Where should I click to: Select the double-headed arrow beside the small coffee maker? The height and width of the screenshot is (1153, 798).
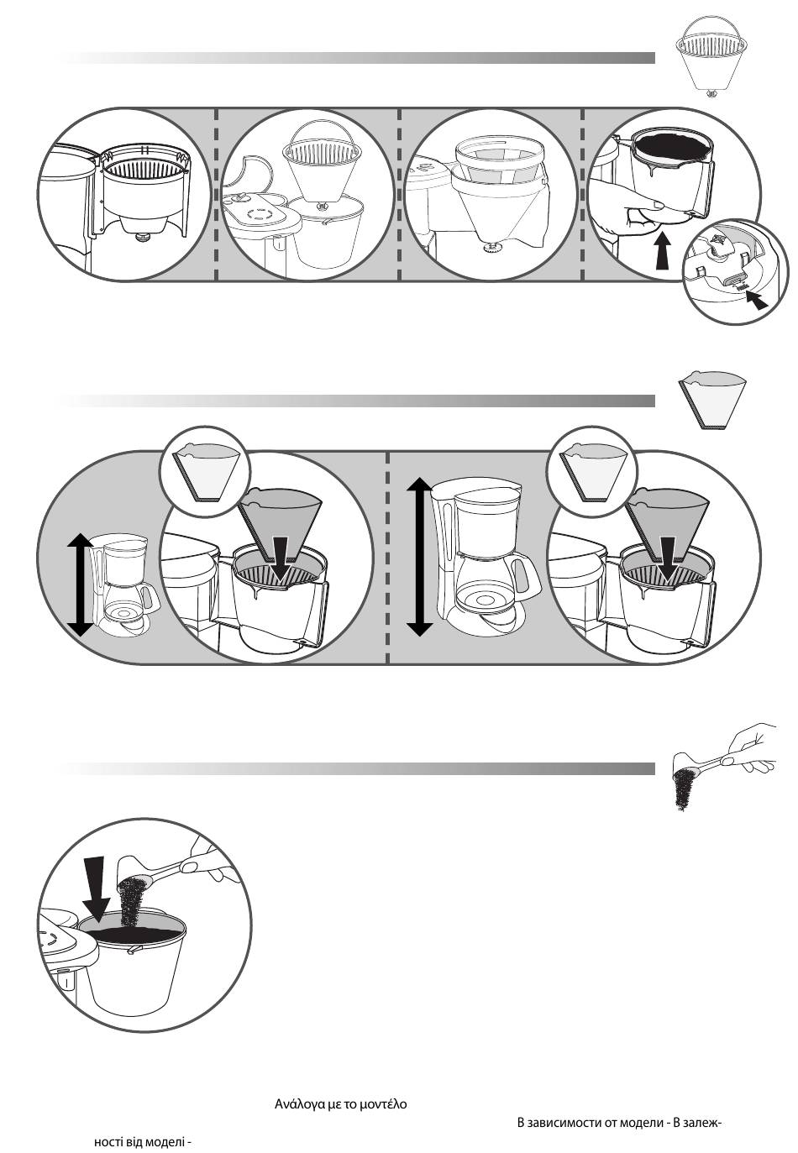[x=81, y=584]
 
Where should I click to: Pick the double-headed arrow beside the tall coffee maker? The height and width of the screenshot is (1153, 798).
[x=420, y=557]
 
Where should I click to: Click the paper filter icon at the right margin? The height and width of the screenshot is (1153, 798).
[x=712, y=400]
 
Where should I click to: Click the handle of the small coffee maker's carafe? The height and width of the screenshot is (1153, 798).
[x=150, y=596]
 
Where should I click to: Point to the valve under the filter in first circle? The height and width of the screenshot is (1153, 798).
[x=140, y=237]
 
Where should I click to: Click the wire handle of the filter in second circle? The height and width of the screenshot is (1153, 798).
[x=323, y=131]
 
